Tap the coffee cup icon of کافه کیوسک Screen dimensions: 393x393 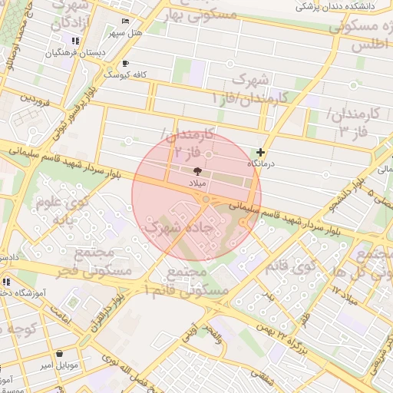125,64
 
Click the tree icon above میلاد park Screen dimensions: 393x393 197,172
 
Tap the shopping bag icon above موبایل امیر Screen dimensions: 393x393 60,354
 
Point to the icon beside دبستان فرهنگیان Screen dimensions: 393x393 75,41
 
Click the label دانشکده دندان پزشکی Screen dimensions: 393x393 339,7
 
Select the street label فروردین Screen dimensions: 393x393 35,99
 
